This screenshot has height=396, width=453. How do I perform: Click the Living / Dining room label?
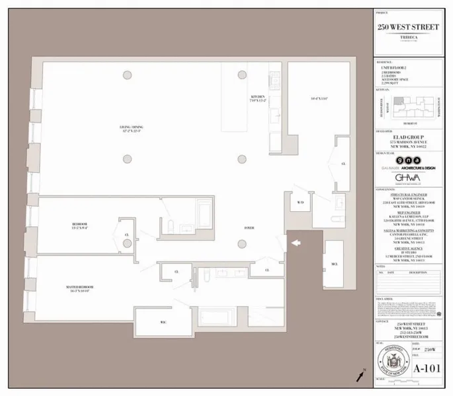point(132,129)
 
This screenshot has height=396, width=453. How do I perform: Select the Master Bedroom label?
point(79,289)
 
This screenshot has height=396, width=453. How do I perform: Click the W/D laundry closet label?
point(300,203)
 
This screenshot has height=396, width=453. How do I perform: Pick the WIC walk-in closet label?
point(163,322)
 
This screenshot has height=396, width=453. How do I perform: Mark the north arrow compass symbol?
point(360,376)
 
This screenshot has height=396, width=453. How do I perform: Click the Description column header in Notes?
point(418,272)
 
